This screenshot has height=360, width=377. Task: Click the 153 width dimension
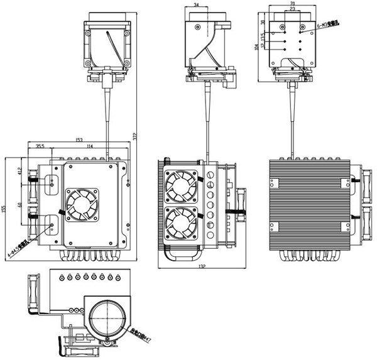(x=79, y=139)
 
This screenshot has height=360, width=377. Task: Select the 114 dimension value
(x=90, y=146)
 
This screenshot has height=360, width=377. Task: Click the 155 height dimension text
(x=4, y=209)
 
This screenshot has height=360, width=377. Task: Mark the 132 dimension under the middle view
(x=200, y=266)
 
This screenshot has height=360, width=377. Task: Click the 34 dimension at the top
(x=198, y=5)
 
